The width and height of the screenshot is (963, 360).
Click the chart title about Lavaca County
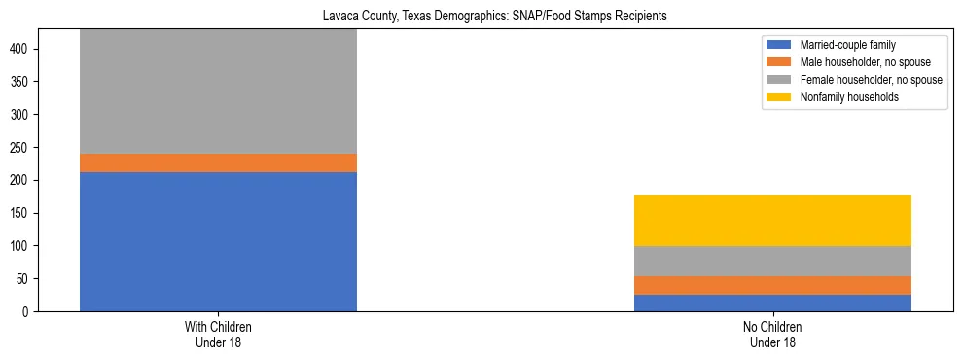481,17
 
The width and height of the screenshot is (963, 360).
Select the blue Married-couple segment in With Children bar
218,241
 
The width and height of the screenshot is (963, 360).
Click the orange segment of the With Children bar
218,162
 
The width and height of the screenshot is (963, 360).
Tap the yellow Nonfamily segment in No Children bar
772,220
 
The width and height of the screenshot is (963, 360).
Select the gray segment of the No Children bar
772,261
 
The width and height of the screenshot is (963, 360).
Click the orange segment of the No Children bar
772,285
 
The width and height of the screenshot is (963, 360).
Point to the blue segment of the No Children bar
772,303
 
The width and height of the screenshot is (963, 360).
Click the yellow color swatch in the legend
779,97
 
